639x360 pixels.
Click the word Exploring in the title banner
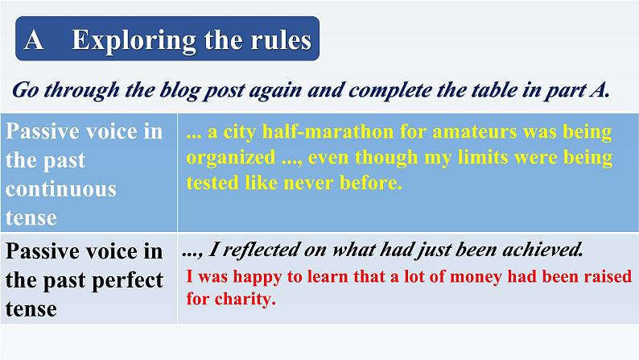coord(134,40)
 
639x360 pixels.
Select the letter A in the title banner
coord(34,40)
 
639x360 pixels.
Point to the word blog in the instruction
coord(179,90)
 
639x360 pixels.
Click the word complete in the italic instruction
coord(390,90)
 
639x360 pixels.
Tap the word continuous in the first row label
coord(60,189)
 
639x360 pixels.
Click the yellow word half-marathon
coord(328,132)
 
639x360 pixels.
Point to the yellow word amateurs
coord(474,132)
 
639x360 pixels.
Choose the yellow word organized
coord(231,158)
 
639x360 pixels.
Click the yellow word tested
coord(212,183)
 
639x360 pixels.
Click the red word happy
coord(258,277)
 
